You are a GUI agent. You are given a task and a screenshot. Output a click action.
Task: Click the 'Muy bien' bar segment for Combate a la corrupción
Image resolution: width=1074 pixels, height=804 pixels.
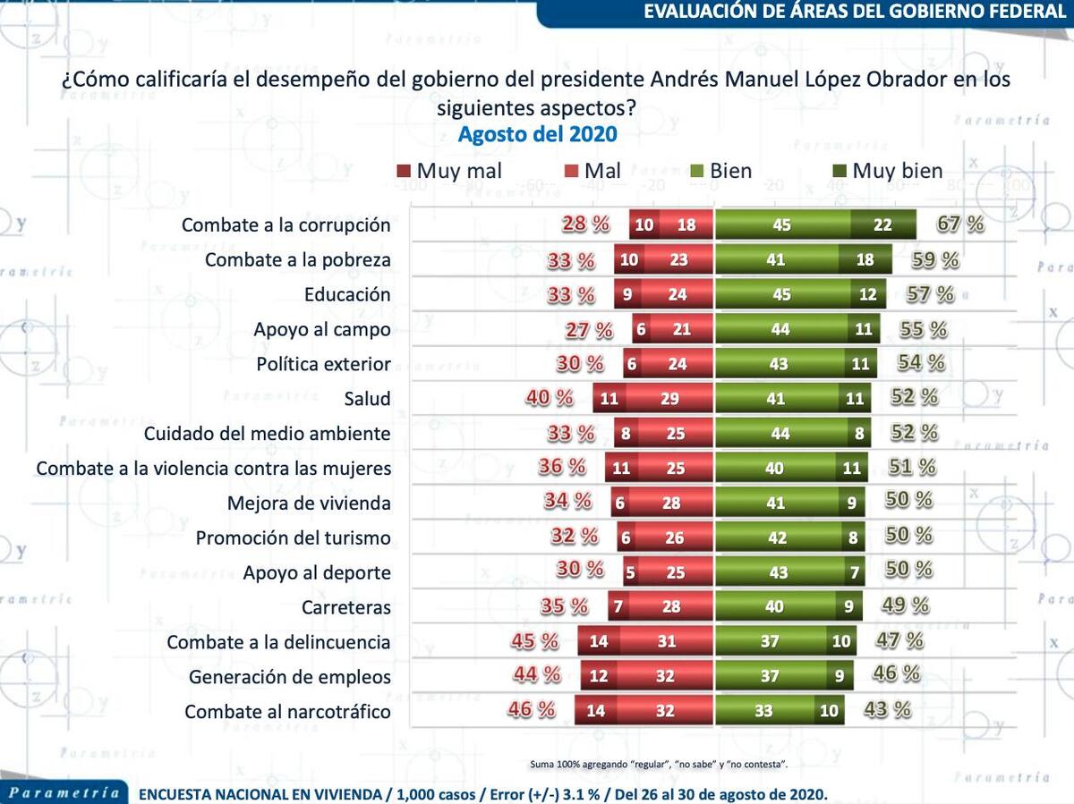click(882, 224)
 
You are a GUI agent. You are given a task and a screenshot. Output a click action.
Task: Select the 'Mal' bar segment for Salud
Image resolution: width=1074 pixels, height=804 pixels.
click(669, 399)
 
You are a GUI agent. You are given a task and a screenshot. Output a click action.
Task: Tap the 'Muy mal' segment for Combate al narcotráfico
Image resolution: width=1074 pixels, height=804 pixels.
click(596, 712)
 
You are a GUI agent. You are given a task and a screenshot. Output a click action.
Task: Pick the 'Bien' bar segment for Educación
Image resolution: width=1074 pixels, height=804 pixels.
click(781, 294)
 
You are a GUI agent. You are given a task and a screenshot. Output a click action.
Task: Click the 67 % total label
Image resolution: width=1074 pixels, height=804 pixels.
click(960, 224)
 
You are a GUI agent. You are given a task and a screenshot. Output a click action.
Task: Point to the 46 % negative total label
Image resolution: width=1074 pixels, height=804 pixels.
click(532, 710)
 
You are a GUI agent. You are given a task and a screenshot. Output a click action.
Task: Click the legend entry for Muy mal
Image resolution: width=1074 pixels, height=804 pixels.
click(448, 171)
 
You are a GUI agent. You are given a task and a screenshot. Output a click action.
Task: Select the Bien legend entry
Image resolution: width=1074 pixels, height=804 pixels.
click(720, 171)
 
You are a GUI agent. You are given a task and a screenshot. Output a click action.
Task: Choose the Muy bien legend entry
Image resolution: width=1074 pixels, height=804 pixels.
click(887, 171)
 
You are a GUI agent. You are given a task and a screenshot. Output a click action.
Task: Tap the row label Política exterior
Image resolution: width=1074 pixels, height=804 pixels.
click(323, 364)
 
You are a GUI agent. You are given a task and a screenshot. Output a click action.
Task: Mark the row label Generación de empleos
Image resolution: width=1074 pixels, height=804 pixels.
click(289, 677)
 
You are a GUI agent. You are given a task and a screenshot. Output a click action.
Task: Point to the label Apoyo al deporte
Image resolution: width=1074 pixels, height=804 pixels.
click(317, 573)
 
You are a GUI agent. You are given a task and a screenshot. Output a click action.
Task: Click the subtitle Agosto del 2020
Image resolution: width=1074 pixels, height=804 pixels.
click(537, 134)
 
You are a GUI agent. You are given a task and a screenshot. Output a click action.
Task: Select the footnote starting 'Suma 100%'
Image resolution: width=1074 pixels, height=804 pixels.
click(658, 764)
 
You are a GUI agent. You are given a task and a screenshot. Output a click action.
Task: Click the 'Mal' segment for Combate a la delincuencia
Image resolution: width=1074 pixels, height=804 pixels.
click(665, 642)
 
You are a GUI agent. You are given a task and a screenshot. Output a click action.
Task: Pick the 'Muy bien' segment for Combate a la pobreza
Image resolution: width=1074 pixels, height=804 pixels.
click(865, 259)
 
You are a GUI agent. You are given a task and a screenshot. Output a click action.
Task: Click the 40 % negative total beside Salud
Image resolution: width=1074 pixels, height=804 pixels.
click(550, 397)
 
